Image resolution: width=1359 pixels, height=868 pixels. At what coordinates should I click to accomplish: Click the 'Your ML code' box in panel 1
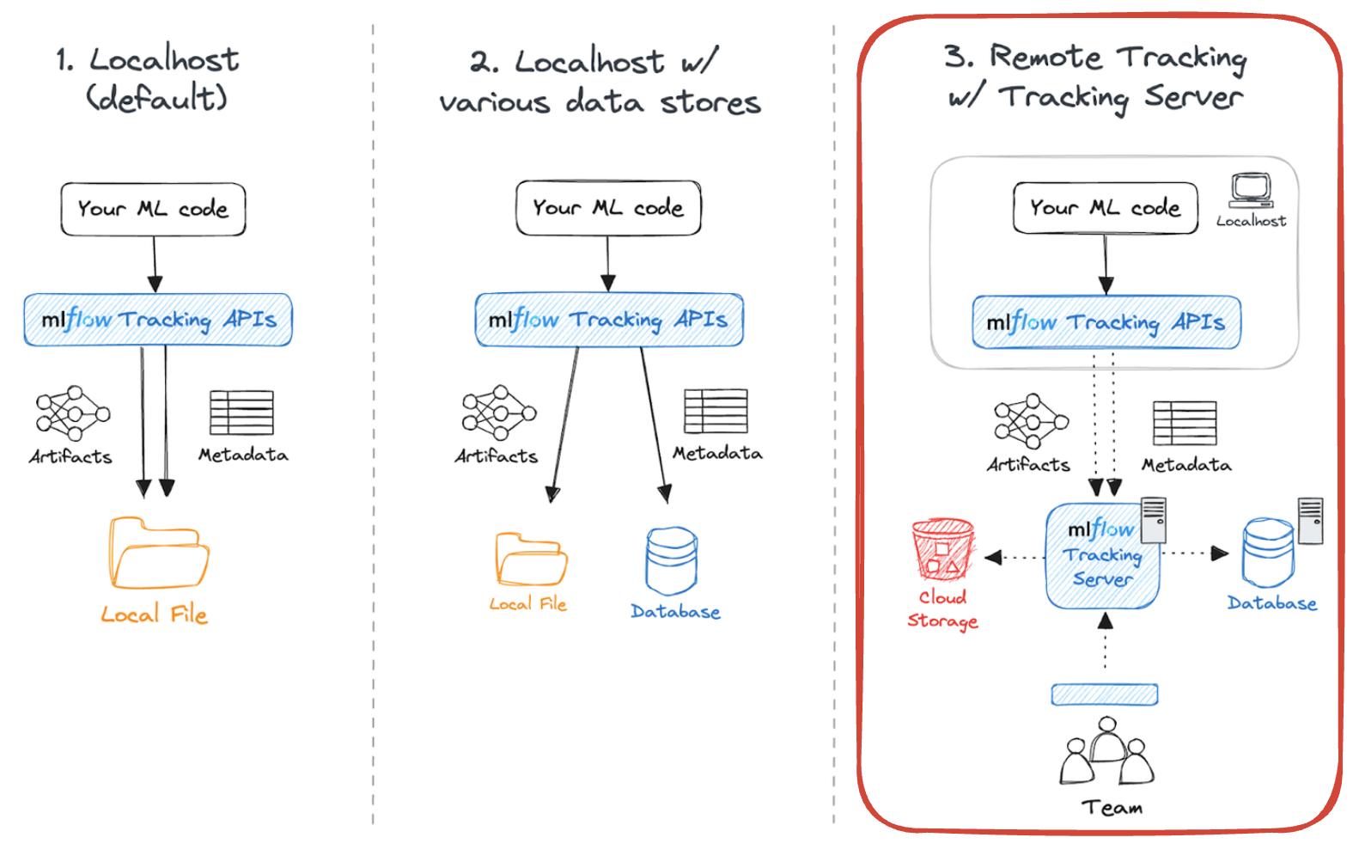tap(153, 209)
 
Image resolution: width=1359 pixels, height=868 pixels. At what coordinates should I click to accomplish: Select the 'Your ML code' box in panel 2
tap(608, 208)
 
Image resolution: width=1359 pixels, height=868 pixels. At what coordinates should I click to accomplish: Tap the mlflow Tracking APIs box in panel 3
tap(1106, 323)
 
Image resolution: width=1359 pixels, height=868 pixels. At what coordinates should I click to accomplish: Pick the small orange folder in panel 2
tap(530, 559)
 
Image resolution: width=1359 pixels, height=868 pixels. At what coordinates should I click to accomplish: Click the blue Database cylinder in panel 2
tap(671, 561)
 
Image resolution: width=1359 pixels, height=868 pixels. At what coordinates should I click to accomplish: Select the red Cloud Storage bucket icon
tap(942, 549)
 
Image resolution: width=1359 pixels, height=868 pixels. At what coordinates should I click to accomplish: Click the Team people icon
tap(1106, 753)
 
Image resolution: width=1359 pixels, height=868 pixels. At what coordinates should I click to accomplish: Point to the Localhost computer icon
tap(1250, 190)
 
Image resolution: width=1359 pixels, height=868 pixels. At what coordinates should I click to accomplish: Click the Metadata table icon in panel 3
tap(1185, 424)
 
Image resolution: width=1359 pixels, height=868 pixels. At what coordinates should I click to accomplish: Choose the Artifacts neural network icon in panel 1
tap(73, 413)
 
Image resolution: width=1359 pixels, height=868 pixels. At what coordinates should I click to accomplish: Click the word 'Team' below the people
tap(1112, 808)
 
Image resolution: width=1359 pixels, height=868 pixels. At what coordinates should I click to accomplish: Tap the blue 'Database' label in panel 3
tap(1271, 603)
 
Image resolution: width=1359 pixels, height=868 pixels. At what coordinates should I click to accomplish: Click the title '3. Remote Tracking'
tap(1095, 58)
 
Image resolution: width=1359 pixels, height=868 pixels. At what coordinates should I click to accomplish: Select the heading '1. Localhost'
tap(148, 60)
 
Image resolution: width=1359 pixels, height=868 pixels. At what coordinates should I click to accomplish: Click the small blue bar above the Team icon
tap(1104, 694)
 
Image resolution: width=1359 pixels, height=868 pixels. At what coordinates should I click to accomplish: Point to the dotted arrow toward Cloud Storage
tap(1014, 558)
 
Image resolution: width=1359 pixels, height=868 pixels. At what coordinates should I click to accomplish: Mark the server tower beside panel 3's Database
tap(1310, 521)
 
